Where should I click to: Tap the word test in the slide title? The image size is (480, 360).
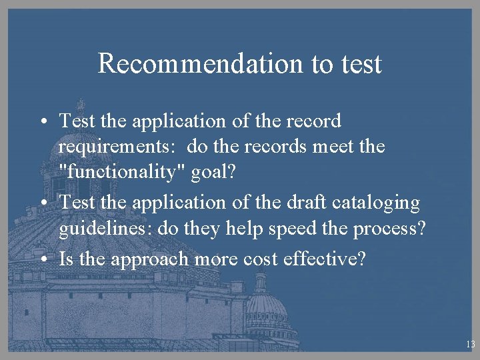[x=359, y=64]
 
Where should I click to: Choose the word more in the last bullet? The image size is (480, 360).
[x=217, y=258]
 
